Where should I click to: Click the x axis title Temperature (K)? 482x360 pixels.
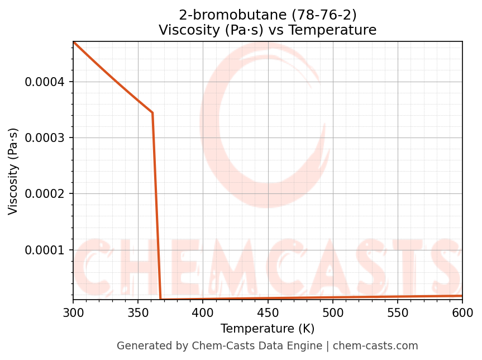point(268,329)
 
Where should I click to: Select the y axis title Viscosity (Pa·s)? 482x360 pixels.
point(13,171)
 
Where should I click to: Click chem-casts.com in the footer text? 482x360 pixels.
point(383,346)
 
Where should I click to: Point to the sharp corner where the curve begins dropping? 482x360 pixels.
point(152,113)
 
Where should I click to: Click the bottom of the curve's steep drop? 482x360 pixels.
point(161,299)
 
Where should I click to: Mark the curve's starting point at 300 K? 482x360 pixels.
point(73,42)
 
